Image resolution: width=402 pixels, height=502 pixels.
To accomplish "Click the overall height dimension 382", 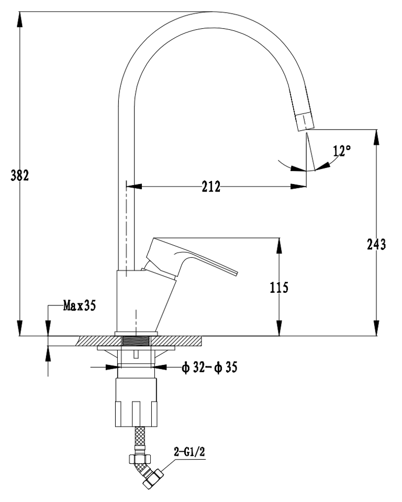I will [x=20, y=175].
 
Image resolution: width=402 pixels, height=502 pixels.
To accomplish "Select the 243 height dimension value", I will [x=377, y=244].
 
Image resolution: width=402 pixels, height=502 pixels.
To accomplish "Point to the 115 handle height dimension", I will [x=280, y=287].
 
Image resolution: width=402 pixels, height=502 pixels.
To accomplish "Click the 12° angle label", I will [x=341, y=151].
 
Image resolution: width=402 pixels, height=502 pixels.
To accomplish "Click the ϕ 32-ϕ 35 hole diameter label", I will [x=209, y=368].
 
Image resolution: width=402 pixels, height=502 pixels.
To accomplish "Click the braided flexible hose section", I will [x=139, y=439].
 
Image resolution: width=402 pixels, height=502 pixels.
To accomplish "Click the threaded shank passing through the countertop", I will [x=135, y=341].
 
